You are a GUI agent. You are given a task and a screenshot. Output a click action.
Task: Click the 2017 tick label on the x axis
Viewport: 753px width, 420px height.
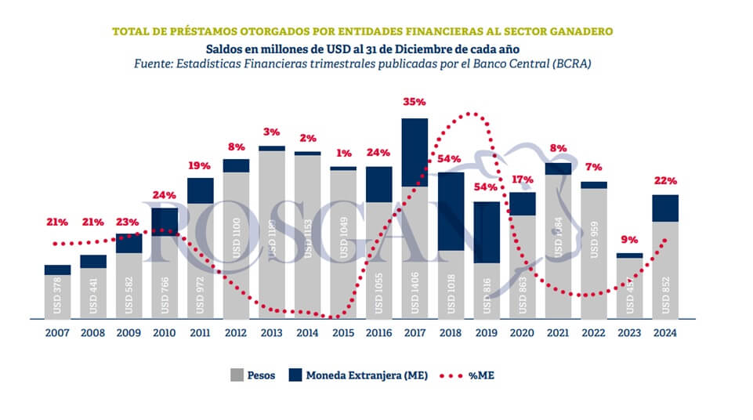coord(415,332)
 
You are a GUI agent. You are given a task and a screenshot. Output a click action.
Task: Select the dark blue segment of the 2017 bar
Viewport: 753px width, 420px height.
coord(415,152)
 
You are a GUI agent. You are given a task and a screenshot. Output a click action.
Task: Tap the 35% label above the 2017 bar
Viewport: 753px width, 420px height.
coord(414,102)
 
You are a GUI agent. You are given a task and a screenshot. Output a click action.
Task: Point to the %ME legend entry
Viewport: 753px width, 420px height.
coord(476,375)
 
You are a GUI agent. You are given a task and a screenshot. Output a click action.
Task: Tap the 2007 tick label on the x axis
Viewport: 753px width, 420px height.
coord(57,332)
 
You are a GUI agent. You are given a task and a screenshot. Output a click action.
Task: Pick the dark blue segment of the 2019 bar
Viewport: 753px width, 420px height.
coord(487,232)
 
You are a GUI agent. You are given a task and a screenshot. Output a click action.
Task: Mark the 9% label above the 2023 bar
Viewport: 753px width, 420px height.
coord(630,240)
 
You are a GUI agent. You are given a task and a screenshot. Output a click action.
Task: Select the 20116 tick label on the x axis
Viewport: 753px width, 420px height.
coord(378,332)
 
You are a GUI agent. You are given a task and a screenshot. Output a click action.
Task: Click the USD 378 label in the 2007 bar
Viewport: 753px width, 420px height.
coord(58,297)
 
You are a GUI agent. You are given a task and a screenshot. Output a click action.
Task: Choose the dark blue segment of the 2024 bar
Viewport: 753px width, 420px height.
coord(665,208)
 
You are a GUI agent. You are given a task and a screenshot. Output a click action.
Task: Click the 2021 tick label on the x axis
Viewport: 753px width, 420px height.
coord(558,332)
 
